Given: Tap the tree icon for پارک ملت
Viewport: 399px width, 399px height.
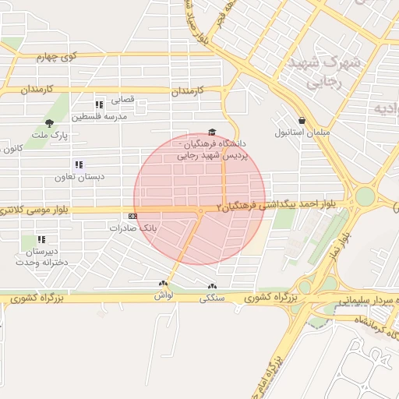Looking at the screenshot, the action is pyautogui.click(x=49, y=123).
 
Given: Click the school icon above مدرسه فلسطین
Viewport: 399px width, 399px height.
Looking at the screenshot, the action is pyautogui.click(x=99, y=104).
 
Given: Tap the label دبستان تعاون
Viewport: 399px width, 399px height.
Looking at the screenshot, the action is pyautogui.click(x=79, y=177).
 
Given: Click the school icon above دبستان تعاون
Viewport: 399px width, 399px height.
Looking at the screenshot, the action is pyautogui.click(x=78, y=164).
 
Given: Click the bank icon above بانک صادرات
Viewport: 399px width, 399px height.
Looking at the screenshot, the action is pyautogui.click(x=132, y=216).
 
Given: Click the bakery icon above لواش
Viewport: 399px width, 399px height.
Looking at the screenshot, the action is pyautogui.click(x=163, y=284).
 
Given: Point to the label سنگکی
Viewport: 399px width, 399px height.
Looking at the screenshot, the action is pyautogui.click(x=212, y=297).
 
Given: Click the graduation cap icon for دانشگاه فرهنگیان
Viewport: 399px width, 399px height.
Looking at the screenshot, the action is pyautogui.click(x=212, y=132).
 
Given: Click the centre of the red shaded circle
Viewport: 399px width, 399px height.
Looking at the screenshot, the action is pyautogui.click(x=199, y=199).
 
